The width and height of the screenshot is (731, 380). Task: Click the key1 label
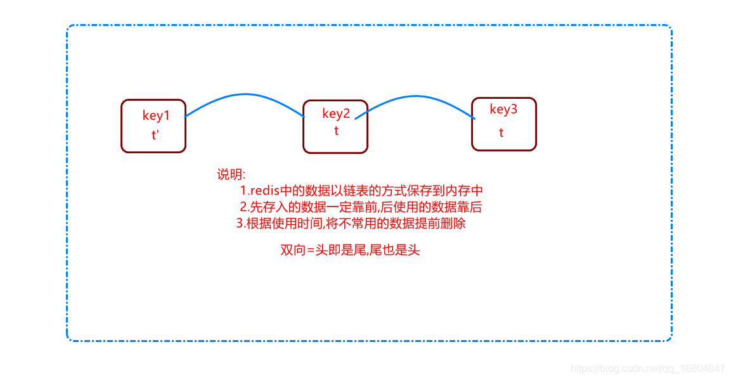pyautogui.click(x=156, y=116)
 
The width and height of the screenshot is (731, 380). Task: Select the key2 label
pyautogui.click(x=336, y=114)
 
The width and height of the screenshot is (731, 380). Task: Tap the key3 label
pyautogui.click(x=503, y=110)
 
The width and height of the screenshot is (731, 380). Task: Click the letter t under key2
pyautogui.click(x=336, y=131)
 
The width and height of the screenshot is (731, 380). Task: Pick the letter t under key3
pyautogui.click(x=501, y=133)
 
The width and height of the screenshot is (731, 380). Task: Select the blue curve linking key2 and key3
pyautogui.click(x=415, y=96)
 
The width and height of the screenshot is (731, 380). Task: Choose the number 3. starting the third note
pyautogui.click(x=241, y=223)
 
